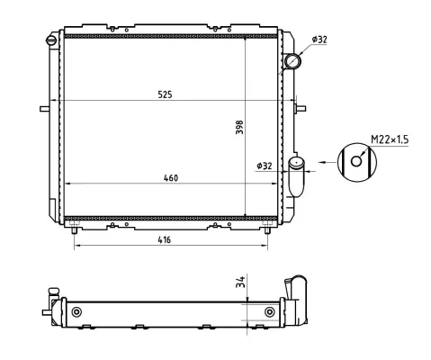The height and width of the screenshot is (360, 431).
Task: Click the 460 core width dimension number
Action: click(170, 177)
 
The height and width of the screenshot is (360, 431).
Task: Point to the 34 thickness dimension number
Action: click(240, 283)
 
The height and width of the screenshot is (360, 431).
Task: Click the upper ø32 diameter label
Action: click(319, 40)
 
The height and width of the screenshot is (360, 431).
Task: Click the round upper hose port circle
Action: click(292, 61)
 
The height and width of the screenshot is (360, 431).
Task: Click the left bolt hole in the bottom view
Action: click(76, 311)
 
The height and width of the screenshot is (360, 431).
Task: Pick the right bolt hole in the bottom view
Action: click(270, 311)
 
